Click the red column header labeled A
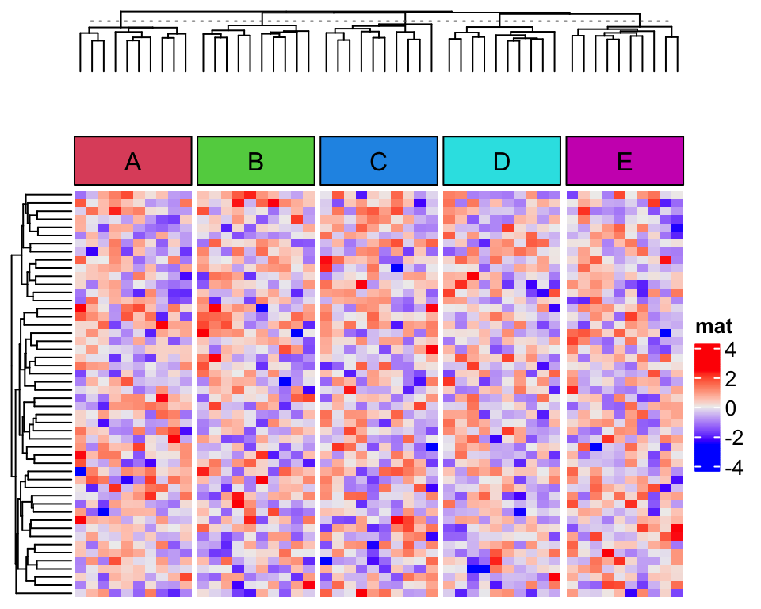(133, 161)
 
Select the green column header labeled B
(255, 161)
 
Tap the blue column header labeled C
(378, 161)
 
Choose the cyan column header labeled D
(501, 161)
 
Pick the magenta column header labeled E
(625, 161)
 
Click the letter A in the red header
(133, 162)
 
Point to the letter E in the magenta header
(625, 162)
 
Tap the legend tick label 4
(730, 349)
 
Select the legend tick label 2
(730, 378)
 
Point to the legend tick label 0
(730, 408)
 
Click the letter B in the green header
(255, 162)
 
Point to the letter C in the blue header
(378, 162)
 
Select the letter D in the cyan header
(501, 162)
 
